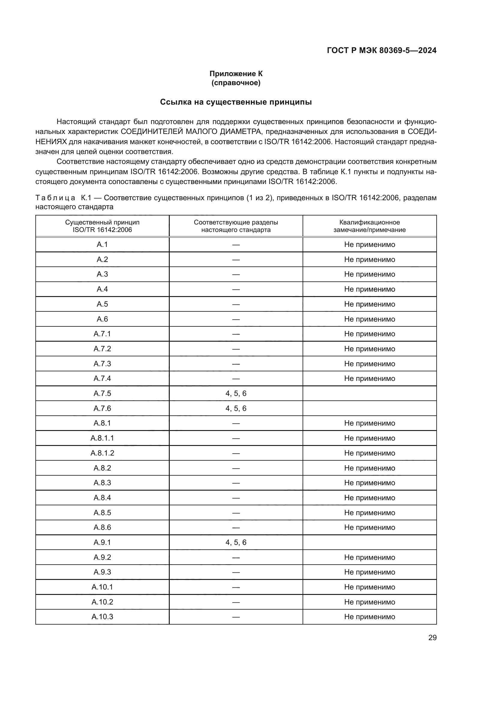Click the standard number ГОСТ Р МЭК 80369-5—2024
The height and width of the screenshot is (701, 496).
tap(381, 50)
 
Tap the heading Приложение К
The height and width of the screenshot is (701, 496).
tap(236, 74)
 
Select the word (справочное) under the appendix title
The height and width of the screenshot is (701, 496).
tap(236, 83)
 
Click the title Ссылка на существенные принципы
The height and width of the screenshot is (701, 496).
tap(236, 102)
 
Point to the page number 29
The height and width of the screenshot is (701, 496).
tap(432, 638)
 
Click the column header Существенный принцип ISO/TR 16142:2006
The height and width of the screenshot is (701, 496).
tap(102, 226)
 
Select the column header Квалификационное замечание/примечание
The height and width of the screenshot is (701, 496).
tap(369, 226)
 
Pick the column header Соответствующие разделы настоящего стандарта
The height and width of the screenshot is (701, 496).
tap(236, 226)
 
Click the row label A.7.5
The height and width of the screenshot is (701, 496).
tap(102, 393)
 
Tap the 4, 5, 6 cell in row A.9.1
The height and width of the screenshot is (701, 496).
tap(236, 542)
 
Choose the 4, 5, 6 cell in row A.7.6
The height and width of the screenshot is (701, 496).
tap(236, 408)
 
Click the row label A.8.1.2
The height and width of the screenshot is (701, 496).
tap(102, 453)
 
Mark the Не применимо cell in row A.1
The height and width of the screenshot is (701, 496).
tap(369, 245)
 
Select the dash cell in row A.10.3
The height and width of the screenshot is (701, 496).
tap(236, 617)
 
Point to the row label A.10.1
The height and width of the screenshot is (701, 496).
tap(102, 587)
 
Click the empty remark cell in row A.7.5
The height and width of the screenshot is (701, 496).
tap(369, 393)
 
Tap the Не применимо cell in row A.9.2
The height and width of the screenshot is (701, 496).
tap(369, 557)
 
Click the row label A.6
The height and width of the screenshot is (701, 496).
tap(102, 319)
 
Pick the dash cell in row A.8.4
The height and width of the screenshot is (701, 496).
tap(236, 498)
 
